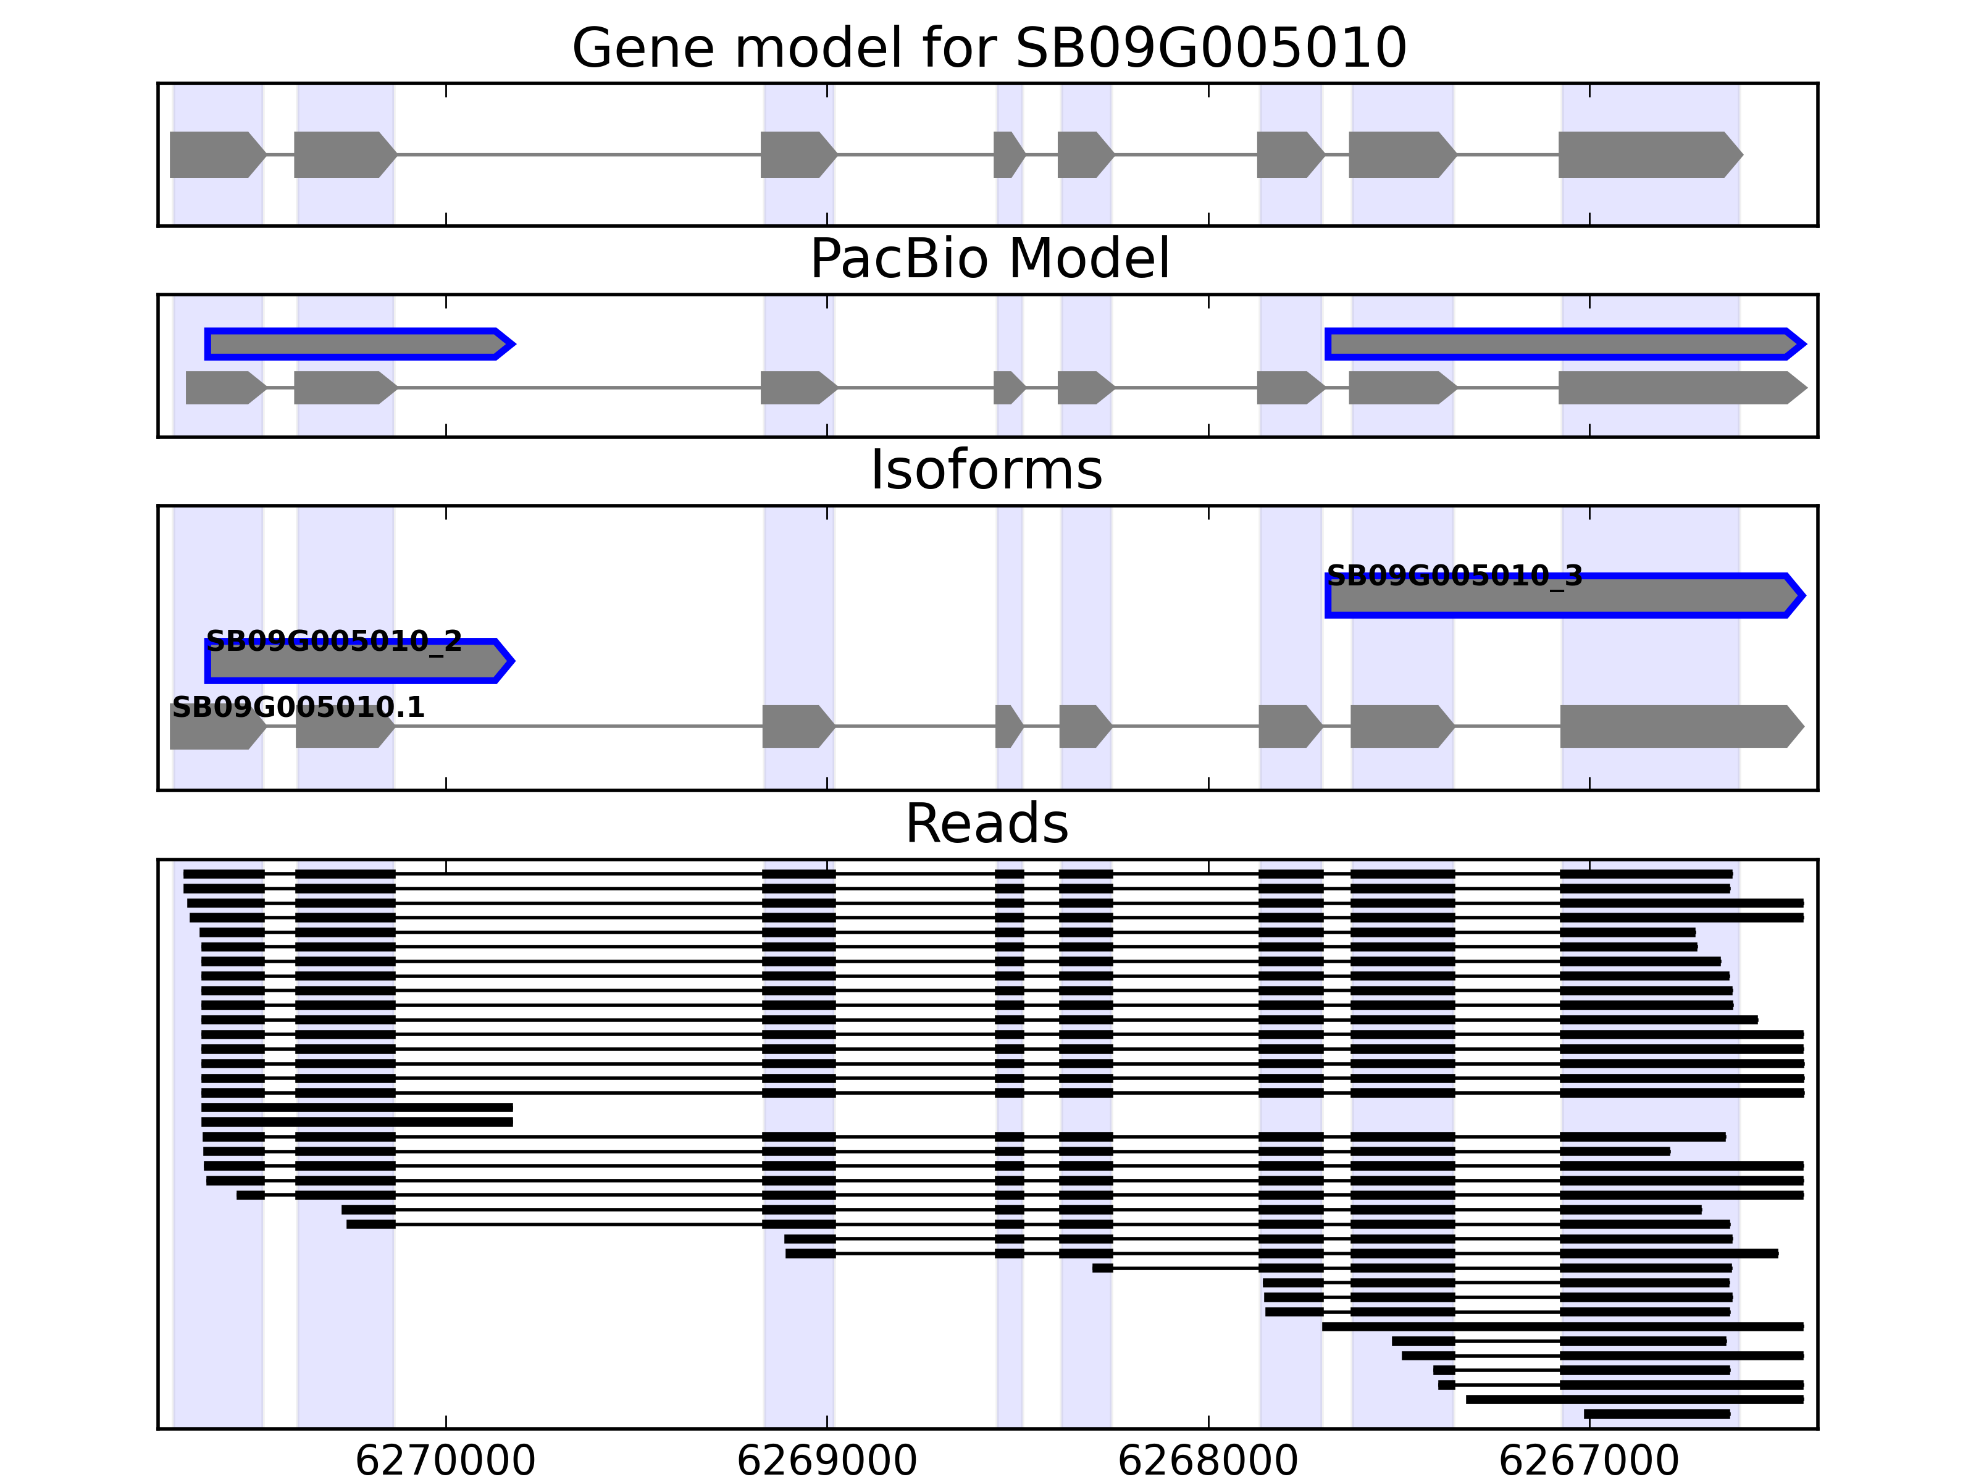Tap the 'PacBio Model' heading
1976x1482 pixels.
[x=989, y=259]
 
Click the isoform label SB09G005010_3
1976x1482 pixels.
[x=1454, y=576]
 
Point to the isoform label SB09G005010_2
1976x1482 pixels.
[x=333, y=642]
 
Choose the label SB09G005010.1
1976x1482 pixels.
[x=298, y=708]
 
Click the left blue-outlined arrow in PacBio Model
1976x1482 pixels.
[x=358, y=344]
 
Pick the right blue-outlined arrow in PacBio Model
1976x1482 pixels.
[x=1564, y=344]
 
